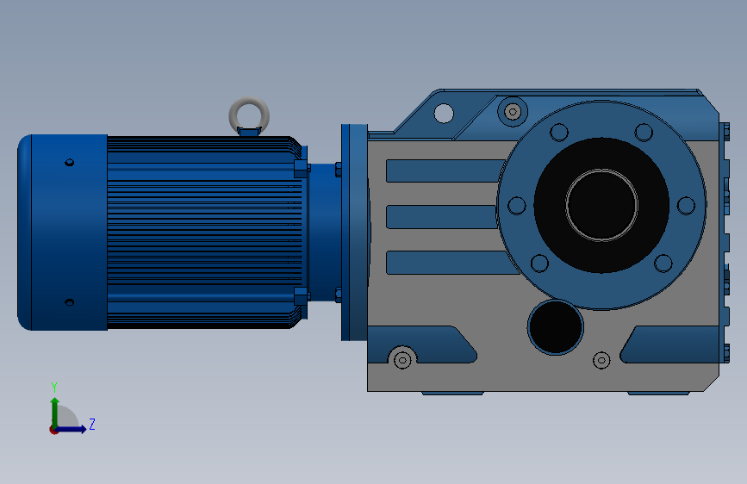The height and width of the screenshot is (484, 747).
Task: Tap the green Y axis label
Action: click(54, 387)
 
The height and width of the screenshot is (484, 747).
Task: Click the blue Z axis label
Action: click(92, 424)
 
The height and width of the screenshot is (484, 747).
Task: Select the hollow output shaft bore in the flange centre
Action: click(601, 205)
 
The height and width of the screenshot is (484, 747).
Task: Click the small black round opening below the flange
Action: click(556, 327)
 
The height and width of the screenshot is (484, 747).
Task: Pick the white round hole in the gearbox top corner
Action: click(444, 114)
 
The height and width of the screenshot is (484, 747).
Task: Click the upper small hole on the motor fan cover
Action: click(69, 163)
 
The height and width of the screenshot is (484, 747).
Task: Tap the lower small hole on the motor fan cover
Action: click(69, 302)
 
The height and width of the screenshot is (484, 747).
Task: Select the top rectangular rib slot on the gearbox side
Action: click(446, 171)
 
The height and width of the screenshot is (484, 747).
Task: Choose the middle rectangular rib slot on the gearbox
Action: click(442, 217)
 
